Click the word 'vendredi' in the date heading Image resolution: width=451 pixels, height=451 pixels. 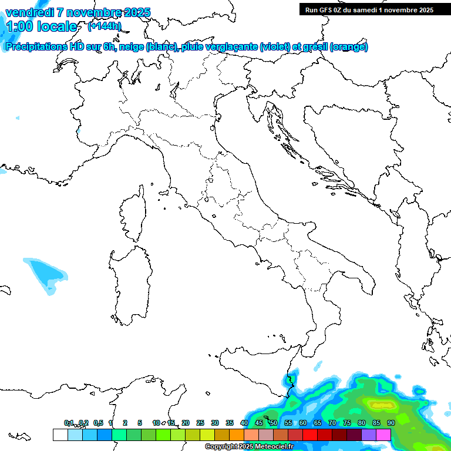tap(28, 12)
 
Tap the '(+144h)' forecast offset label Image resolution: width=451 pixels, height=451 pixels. tap(105, 26)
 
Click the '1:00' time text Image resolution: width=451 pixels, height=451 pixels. tap(16, 26)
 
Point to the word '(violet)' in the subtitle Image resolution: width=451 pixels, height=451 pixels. tap(275, 47)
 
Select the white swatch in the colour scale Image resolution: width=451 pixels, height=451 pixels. tap(60, 435)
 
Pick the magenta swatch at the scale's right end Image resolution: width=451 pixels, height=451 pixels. tap(383, 435)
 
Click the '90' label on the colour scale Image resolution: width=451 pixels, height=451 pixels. tap(391, 423)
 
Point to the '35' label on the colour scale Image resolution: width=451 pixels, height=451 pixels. tap(230, 423)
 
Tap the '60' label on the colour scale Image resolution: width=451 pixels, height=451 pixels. tap(303, 423)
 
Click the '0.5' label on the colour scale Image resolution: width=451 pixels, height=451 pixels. tap(98, 423)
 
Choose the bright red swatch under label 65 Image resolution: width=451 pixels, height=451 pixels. tap(310, 435)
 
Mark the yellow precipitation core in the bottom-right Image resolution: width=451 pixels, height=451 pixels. tap(381, 404)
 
